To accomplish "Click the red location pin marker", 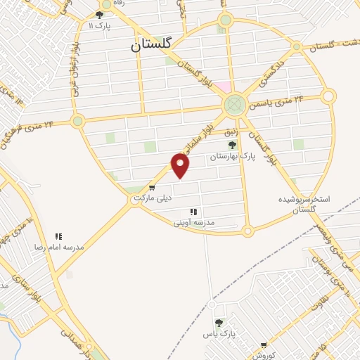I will tap(181, 165).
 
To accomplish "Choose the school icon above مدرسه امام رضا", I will tap(58, 237).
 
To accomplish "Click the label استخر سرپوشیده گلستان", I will tap(304, 204).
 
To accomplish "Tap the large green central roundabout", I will tap(235, 105).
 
